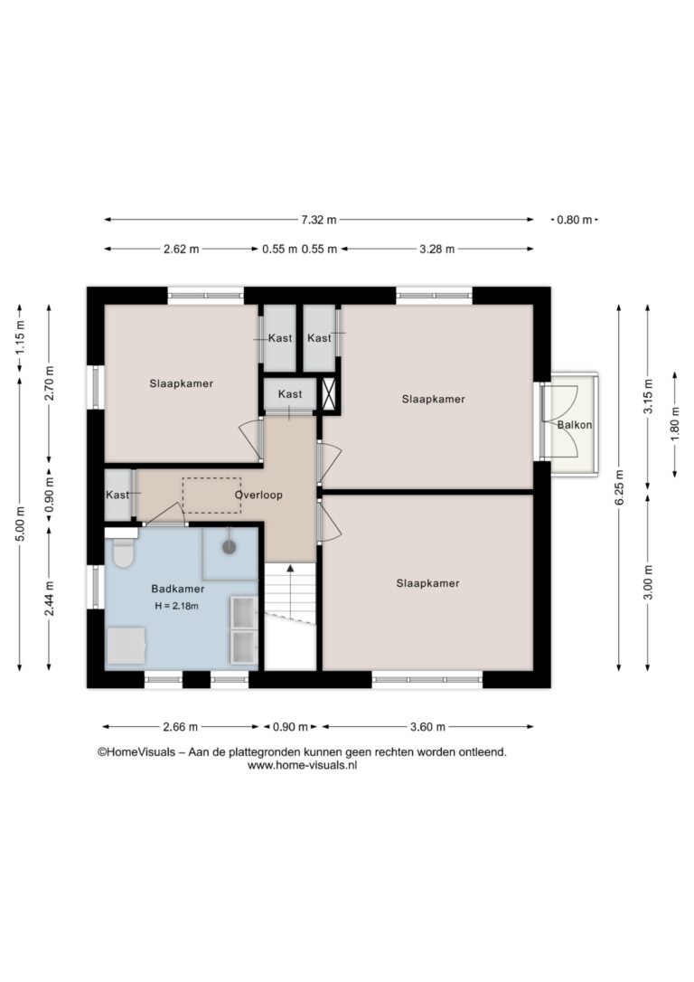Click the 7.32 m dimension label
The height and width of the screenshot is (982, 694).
point(318,220)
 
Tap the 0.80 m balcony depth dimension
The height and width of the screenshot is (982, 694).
point(575,220)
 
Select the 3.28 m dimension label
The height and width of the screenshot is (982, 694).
point(436,249)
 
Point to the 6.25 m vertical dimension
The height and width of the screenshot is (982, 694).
point(619,487)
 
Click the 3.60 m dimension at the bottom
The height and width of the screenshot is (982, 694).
point(428,726)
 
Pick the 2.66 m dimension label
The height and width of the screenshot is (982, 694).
point(180,726)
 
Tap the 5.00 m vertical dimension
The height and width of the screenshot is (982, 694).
point(20,524)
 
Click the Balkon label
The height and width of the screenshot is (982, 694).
point(575,425)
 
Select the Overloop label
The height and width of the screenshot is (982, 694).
point(258,495)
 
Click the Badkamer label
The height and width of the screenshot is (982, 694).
point(178,589)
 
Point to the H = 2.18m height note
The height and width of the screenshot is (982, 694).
point(176,606)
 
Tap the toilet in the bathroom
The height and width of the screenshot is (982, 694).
point(123,551)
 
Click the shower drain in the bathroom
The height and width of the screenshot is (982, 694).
point(229,547)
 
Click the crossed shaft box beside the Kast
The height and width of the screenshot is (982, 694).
point(329,394)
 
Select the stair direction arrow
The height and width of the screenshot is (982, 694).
point(290,590)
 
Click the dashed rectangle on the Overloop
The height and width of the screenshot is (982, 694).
point(211,496)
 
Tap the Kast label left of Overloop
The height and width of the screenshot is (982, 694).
point(117,495)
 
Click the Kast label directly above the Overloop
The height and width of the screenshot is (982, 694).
point(290,394)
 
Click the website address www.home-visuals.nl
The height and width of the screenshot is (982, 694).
point(302,765)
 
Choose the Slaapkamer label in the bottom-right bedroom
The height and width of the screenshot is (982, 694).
point(428,583)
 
